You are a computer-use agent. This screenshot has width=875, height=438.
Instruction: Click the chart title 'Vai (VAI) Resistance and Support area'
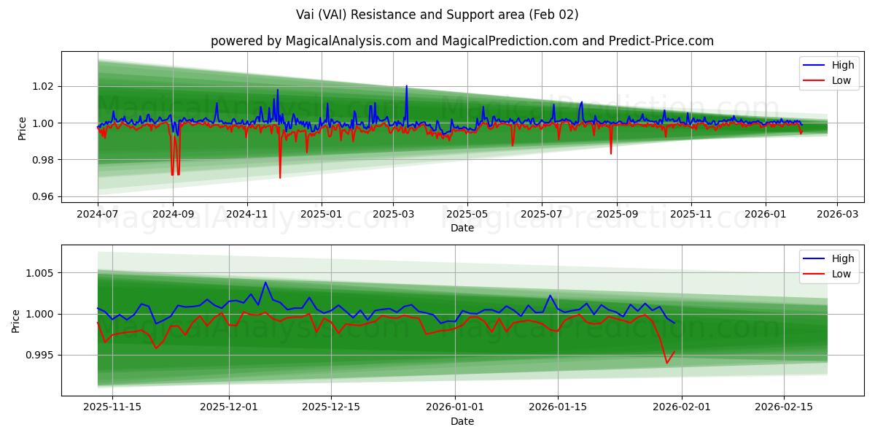[437, 15]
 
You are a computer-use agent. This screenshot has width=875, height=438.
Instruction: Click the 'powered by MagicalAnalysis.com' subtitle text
[311, 41]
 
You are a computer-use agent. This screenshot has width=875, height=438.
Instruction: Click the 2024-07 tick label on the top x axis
[98, 214]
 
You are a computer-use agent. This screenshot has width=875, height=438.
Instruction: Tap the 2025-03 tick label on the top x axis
[393, 214]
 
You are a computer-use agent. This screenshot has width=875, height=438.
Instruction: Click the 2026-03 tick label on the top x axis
[836, 214]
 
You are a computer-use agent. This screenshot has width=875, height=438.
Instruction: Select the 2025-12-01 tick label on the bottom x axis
[229, 407]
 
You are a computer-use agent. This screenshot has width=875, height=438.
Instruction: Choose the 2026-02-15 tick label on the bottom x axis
[784, 407]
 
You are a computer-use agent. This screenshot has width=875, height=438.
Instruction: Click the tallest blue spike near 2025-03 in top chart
[406, 86]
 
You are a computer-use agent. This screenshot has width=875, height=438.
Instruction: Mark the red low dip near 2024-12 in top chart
[280, 177]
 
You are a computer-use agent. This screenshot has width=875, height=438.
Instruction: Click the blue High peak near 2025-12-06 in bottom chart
[265, 283]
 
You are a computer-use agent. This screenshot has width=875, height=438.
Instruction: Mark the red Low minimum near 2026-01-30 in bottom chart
[666, 363]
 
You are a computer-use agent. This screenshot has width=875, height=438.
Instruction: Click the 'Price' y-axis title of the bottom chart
[16, 320]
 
